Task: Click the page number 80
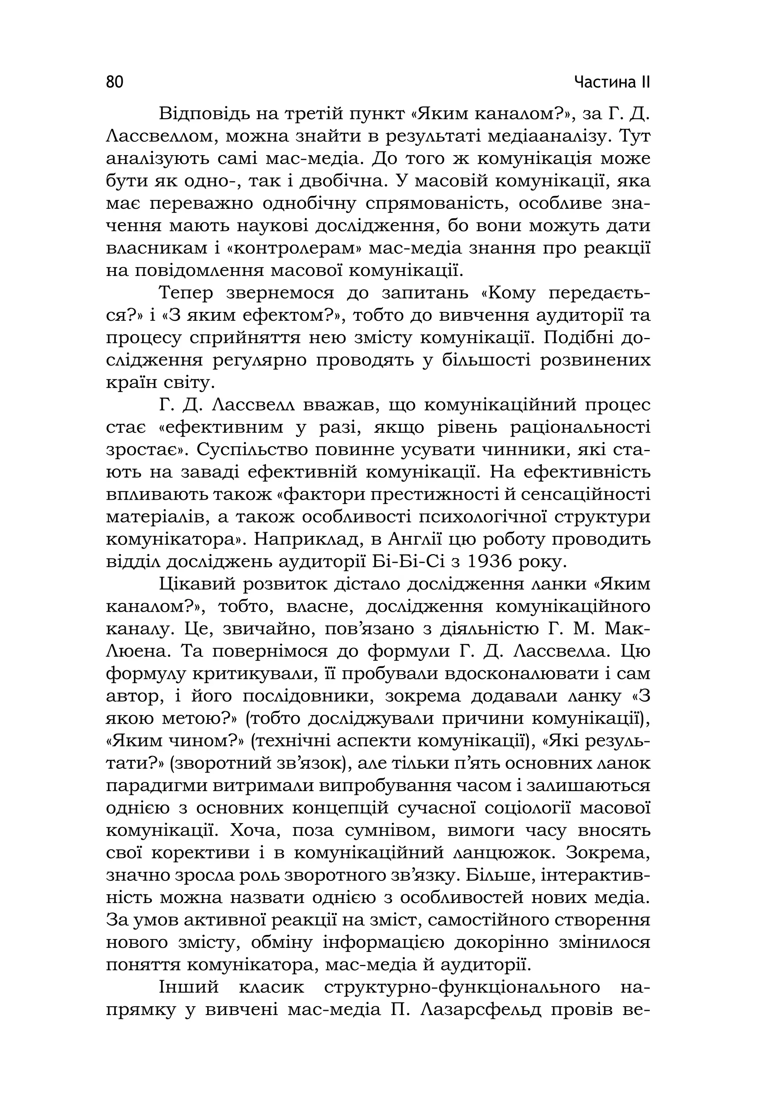(115, 82)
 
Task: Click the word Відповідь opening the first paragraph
(204, 114)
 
